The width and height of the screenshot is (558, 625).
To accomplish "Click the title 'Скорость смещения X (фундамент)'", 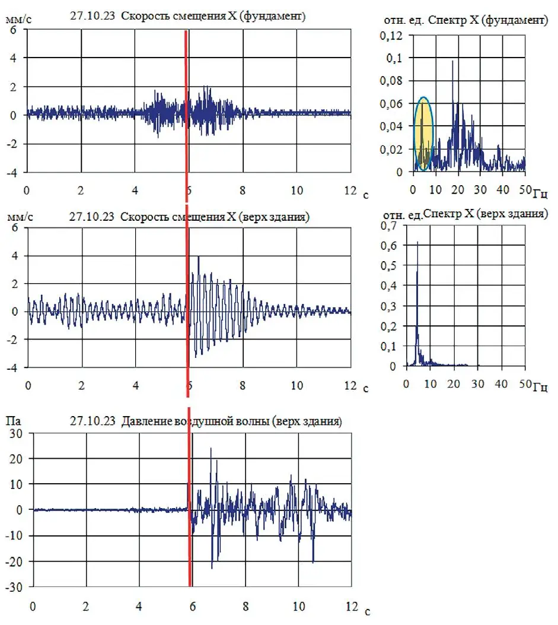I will [213, 17].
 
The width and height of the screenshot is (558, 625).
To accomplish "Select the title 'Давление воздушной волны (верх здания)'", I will [231, 422].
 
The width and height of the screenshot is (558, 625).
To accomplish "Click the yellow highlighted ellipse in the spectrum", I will [423, 134].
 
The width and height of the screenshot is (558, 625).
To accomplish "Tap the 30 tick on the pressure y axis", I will [16, 434].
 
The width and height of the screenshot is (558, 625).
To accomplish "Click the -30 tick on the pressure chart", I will [14, 587].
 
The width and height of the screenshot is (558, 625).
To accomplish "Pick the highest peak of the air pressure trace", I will [211, 449].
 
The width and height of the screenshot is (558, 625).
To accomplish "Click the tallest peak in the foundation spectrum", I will [452, 61].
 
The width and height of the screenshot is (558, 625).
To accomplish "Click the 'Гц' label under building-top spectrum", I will [540, 388].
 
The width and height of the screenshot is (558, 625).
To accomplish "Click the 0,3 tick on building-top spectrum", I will [388, 306].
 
